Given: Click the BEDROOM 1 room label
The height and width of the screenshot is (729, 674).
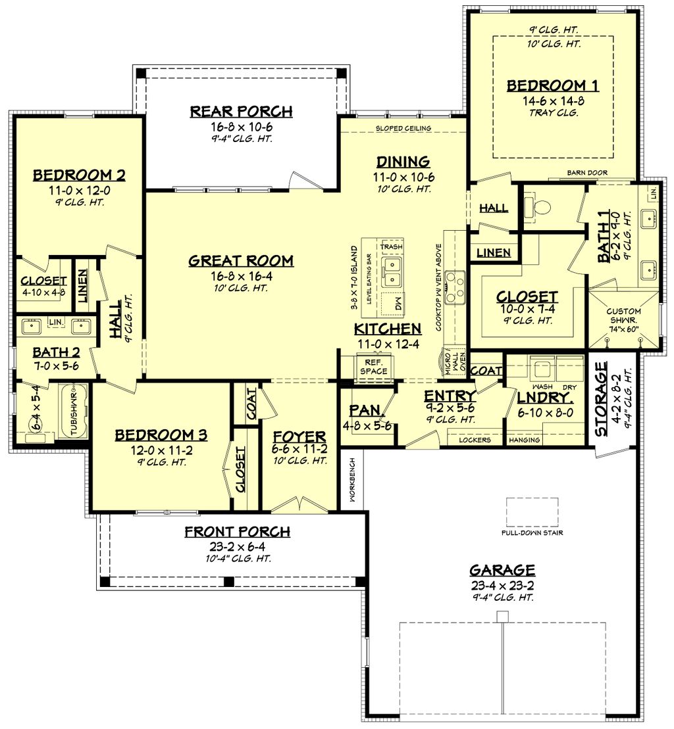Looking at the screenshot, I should (545, 85).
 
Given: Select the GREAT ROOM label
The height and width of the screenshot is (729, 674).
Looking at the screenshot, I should (241, 261).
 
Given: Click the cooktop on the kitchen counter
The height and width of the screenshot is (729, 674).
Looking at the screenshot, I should (454, 288).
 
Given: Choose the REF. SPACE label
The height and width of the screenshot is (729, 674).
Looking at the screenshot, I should (373, 367).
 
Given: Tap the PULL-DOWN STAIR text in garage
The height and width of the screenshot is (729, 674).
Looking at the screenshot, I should (532, 532).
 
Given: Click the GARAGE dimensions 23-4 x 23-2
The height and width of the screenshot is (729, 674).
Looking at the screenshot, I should (502, 584).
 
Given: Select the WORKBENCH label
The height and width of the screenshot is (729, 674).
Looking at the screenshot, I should (352, 481).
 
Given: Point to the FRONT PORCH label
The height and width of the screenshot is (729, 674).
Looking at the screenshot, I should (237, 532).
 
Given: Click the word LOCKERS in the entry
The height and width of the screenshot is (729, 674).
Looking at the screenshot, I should (475, 440).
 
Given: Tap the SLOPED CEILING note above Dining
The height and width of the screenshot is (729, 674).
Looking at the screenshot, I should (403, 128).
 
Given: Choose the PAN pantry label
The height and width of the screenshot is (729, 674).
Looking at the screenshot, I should (361, 410).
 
